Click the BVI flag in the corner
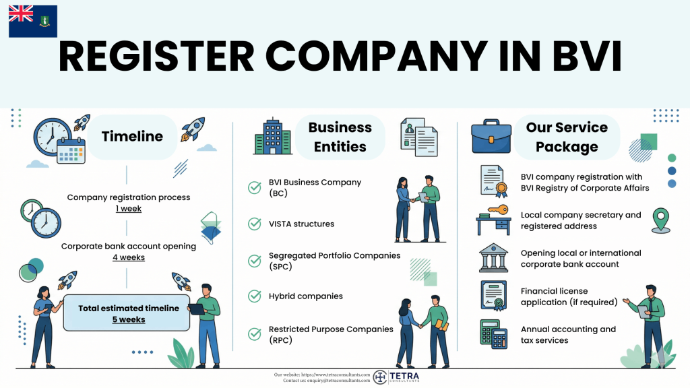(x=32, y=21)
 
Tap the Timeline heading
(x=132, y=137)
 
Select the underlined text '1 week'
(x=128, y=209)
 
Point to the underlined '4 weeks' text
(x=128, y=257)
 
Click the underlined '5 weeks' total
(x=129, y=319)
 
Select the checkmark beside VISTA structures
(x=255, y=224)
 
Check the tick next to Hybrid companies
(x=255, y=296)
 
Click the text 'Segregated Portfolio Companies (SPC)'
(x=334, y=261)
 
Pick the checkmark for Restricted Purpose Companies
(x=255, y=334)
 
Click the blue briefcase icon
(x=490, y=137)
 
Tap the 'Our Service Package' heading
(x=567, y=137)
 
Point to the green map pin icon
(x=661, y=220)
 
